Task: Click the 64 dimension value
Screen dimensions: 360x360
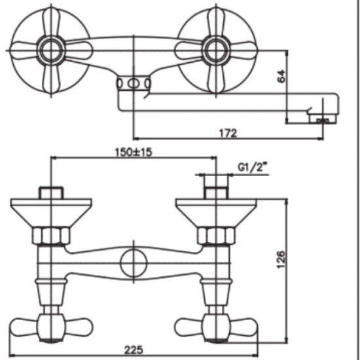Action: (x=281, y=76)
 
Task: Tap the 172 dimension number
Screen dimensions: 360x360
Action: (x=228, y=133)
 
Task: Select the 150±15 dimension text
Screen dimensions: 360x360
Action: (x=134, y=152)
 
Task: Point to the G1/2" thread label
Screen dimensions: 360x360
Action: (x=253, y=167)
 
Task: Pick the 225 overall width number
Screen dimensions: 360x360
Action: (x=134, y=350)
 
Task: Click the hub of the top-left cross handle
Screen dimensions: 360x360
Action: (x=51, y=50)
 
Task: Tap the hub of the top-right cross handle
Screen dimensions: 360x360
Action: (x=216, y=50)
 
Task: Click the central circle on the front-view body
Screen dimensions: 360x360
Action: (x=134, y=263)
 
